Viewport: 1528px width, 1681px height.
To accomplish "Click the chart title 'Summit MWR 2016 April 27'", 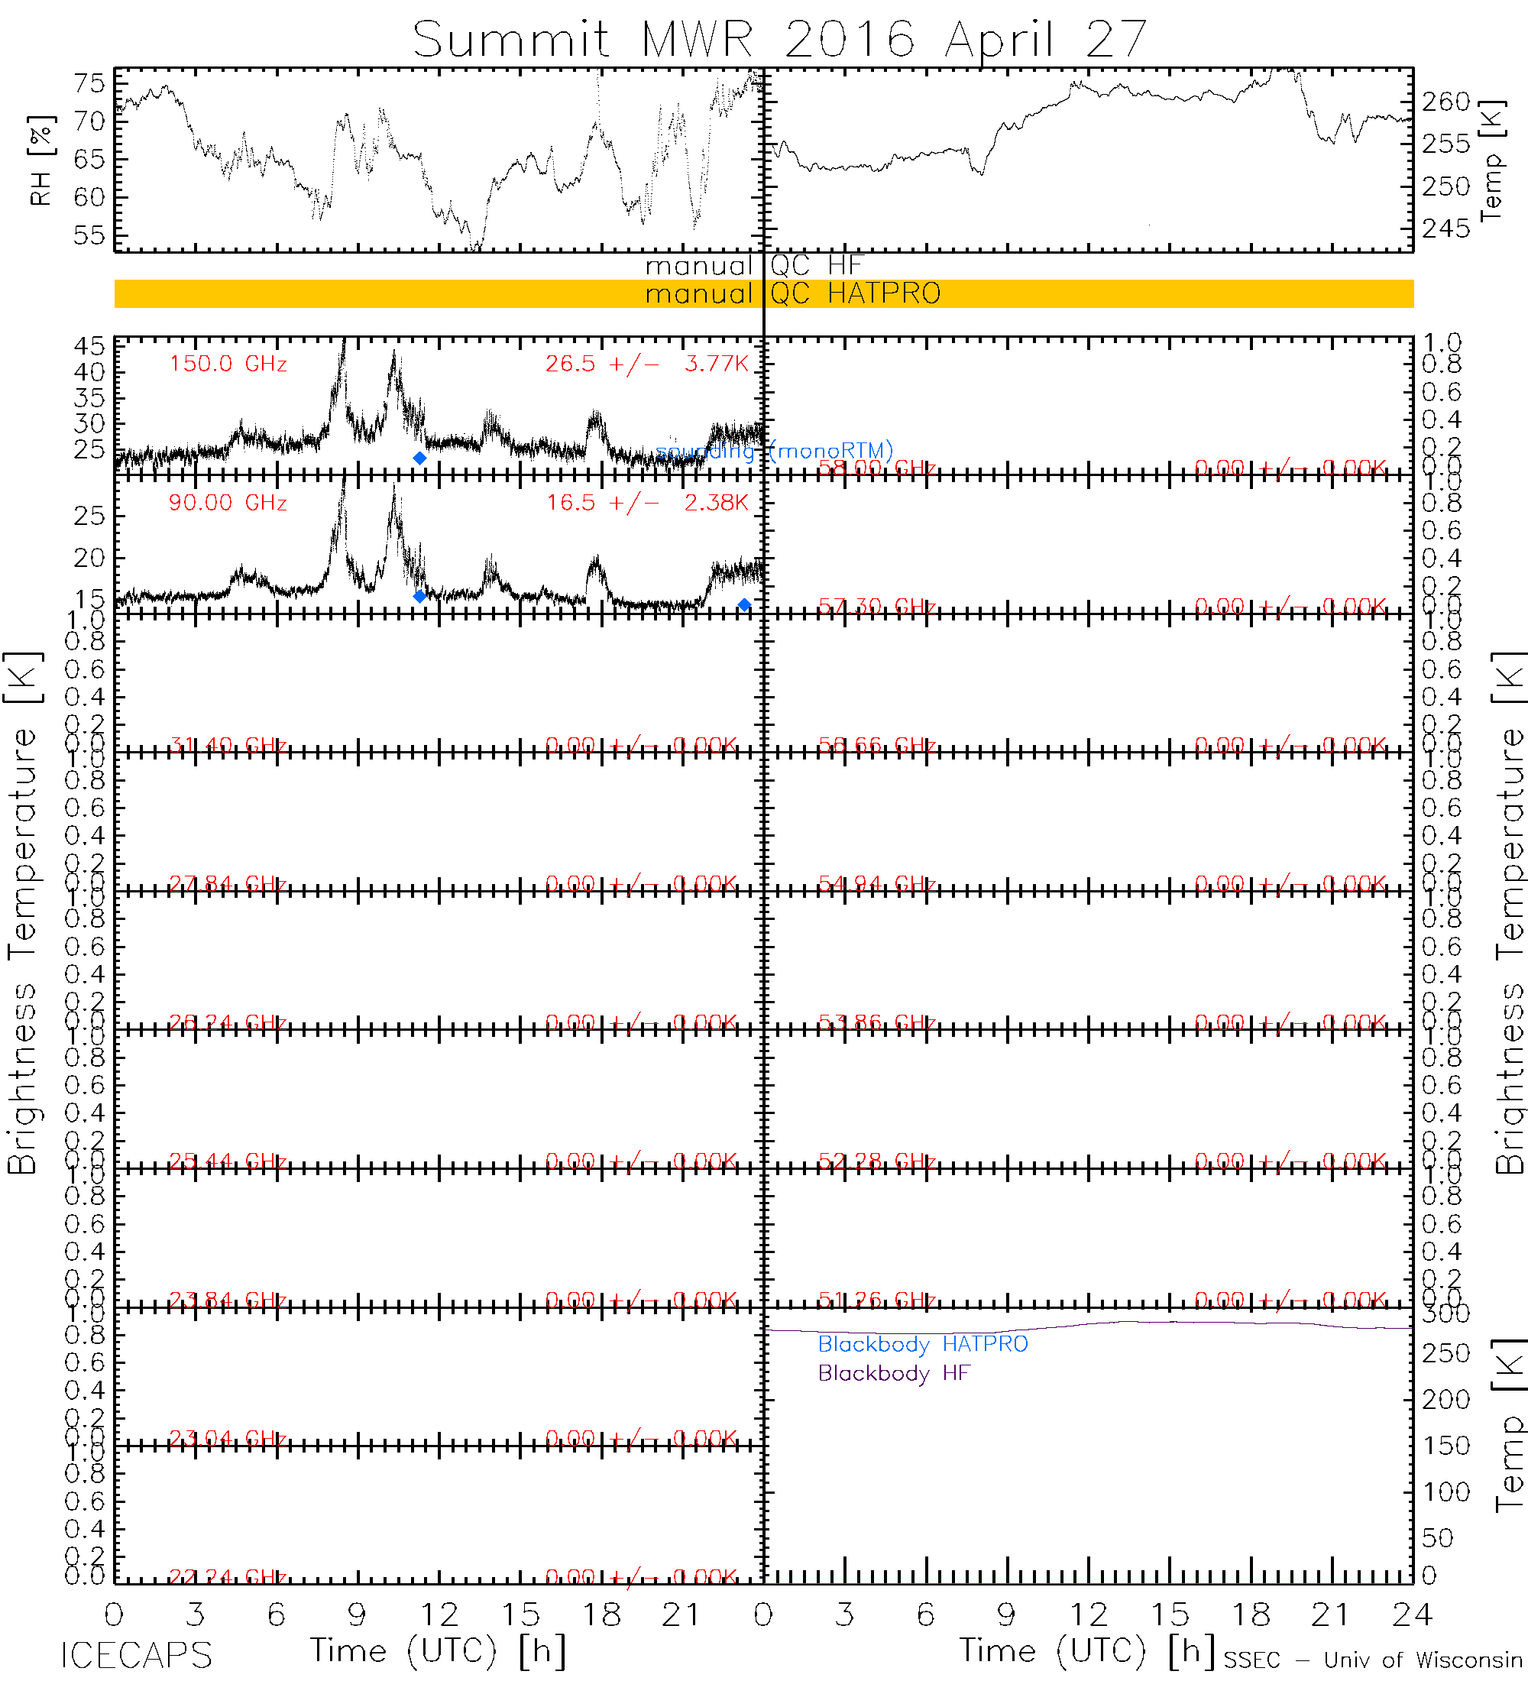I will [x=779, y=39].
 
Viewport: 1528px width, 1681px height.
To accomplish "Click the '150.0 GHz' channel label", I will [x=228, y=364].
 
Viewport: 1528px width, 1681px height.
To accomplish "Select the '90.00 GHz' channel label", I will [x=228, y=503].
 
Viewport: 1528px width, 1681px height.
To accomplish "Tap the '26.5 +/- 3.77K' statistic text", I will [x=647, y=364].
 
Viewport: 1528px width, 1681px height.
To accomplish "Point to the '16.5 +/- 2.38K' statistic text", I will [x=647, y=503].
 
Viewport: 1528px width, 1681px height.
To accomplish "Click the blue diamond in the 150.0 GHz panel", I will [x=419, y=458].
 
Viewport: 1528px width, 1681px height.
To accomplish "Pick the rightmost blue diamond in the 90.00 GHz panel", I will [x=744, y=604].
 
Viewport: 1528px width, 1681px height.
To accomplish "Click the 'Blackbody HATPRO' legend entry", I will [x=922, y=1343].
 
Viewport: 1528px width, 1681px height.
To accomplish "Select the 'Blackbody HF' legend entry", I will [x=894, y=1372].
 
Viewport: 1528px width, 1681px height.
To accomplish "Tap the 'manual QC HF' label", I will [x=753, y=266].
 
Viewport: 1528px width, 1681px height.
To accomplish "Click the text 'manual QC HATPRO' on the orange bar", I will [x=792, y=293].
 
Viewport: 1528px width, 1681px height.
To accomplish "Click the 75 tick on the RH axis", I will [x=89, y=83].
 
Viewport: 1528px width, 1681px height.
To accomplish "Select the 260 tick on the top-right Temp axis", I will [x=1445, y=102].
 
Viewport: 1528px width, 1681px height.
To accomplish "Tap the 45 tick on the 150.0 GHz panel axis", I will [x=89, y=346].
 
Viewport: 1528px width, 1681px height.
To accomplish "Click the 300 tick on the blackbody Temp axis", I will [x=1445, y=1313].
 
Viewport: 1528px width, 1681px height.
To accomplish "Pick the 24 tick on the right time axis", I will [x=1410, y=1615].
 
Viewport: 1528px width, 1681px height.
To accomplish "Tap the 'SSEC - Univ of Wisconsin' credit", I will [x=1372, y=1660].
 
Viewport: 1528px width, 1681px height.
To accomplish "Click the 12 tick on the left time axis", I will [x=439, y=1615].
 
